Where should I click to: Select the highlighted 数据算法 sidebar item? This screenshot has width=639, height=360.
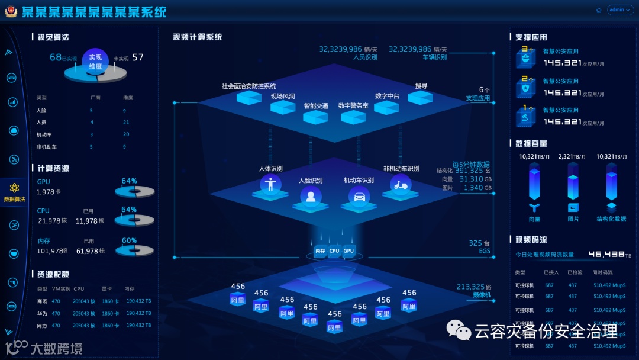coord(14,191)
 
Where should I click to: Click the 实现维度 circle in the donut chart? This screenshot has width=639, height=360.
coord(96,62)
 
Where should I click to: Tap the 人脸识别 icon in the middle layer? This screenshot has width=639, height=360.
coord(311,195)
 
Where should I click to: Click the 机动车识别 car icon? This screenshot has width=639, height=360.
coord(359,195)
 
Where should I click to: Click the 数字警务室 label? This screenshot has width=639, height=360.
coord(353,105)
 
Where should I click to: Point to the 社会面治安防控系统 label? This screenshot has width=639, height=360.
coord(248,86)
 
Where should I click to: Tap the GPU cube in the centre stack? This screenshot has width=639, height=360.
coord(349,251)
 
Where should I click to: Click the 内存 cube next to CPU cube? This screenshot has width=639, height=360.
coord(320,251)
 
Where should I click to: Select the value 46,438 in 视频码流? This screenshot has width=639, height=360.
coord(606,254)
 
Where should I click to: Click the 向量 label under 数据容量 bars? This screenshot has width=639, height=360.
coord(534,219)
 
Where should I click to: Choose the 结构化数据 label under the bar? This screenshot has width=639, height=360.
coord(611,219)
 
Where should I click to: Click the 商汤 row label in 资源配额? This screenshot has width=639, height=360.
coord(42,301)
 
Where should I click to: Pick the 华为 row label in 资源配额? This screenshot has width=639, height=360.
coord(42,313)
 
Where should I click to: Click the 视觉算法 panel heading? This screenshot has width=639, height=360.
coord(53,37)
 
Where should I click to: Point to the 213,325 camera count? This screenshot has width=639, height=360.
coord(470,287)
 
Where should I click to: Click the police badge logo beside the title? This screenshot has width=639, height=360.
coord(11,11)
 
